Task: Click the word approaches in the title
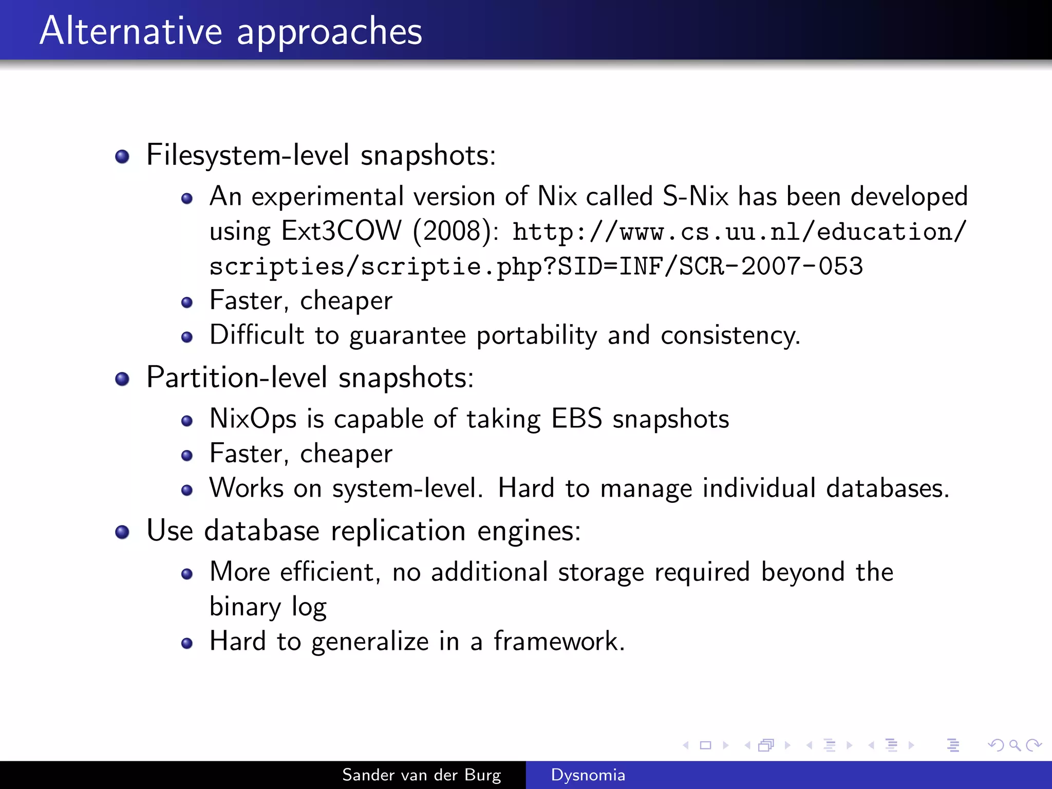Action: tap(329, 32)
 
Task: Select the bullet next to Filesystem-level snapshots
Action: tap(122, 156)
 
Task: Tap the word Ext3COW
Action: tap(342, 231)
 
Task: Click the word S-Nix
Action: tap(696, 196)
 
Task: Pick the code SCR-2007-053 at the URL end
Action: tap(771, 266)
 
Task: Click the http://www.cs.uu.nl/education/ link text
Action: tap(739, 232)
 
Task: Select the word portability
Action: tap(537, 335)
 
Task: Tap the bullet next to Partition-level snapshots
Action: tap(122, 379)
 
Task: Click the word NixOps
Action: tap(253, 419)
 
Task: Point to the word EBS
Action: tap(576, 419)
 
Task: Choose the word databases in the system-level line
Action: tap(887, 488)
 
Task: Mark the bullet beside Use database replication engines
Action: tap(122, 532)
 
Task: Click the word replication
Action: tap(398, 531)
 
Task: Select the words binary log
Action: tap(268, 607)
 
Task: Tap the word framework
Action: tap(559, 641)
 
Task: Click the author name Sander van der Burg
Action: tap(421, 775)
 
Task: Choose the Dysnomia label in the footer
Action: tap(588, 775)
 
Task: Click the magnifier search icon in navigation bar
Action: tap(1015, 745)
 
